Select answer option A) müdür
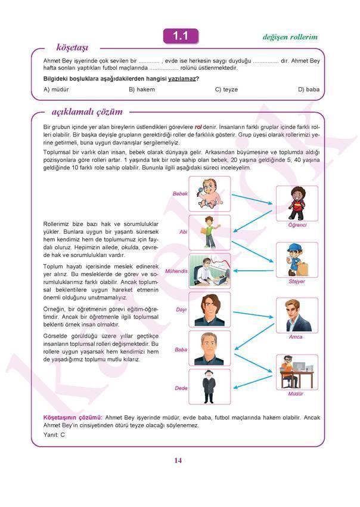click(x=57, y=89)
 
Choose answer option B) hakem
click(x=142, y=89)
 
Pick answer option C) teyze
click(x=226, y=89)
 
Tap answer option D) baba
click(x=309, y=89)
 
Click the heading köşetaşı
click(x=72, y=47)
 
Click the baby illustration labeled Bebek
click(x=209, y=194)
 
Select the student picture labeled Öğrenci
click(x=297, y=203)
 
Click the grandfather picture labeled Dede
click(x=209, y=387)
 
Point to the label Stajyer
click(x=297, y=281)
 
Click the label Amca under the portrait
click(x=296, y=337)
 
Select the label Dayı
click(x=181, y=310)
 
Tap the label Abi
click(x=183, y=231)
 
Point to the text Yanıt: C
click(x=54, y=435)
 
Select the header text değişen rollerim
click(x=290, y=37)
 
